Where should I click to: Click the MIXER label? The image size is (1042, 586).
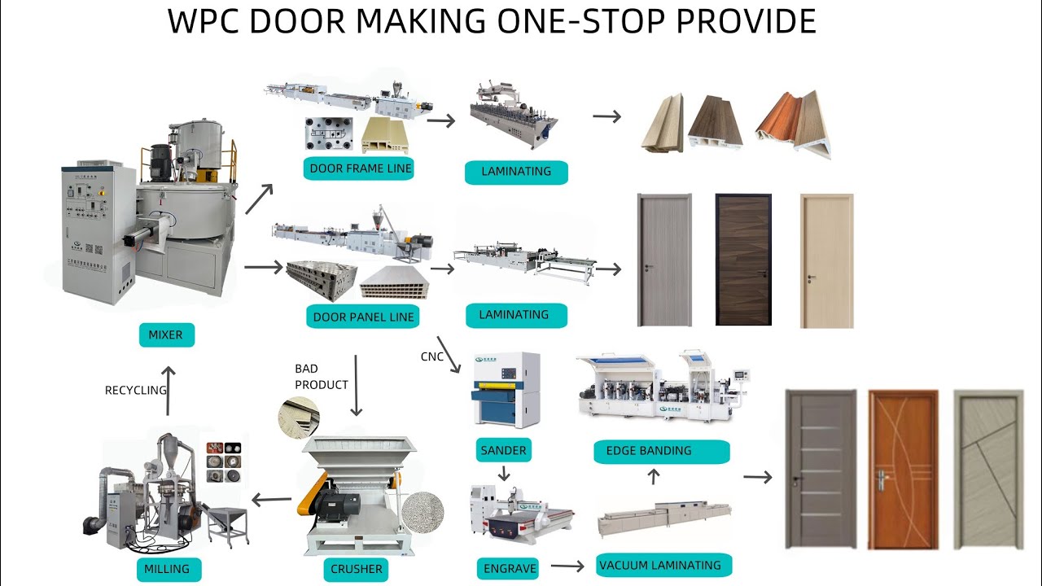click(x=166, y=335)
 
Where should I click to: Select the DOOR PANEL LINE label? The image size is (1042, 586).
click(x=363, y=317)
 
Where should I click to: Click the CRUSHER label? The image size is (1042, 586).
click(x=356, y=569)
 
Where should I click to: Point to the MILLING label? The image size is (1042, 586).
click(x=166, y=569)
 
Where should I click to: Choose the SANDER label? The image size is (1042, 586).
click(x=504, y=450)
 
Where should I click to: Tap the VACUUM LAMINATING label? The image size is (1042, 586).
click(x=659, y=565)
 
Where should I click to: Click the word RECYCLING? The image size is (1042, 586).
click(x=135, y=391)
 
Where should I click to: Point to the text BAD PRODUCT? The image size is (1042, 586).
click(x=321, y=377)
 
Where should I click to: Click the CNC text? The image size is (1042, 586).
click(x=432, y=356)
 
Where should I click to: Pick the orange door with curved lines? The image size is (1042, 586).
click(x=903, y=470)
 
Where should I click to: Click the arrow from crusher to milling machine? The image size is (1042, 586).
click(x=271, y=500)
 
